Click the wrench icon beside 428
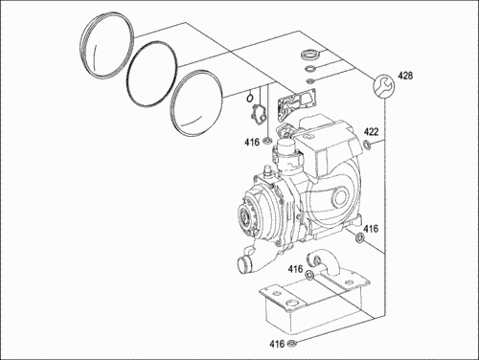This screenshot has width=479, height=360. pyautogui.click(x=384, y=86)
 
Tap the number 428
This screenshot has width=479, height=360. pyautogui.click(x=405, y=76)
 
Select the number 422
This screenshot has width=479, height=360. pyautogui.click(x=372, y=131)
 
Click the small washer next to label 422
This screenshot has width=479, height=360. pyautogui.click(x=367, y=145)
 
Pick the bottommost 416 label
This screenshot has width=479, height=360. pyautogui.click(x=277, y=344)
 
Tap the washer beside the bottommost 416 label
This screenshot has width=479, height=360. pyautogui.click(x=292, y=344)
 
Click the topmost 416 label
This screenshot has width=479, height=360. pyautogui.click(x=252, y=142)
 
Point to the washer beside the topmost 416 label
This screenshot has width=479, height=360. pyautogui.click(x=267, y=140)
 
